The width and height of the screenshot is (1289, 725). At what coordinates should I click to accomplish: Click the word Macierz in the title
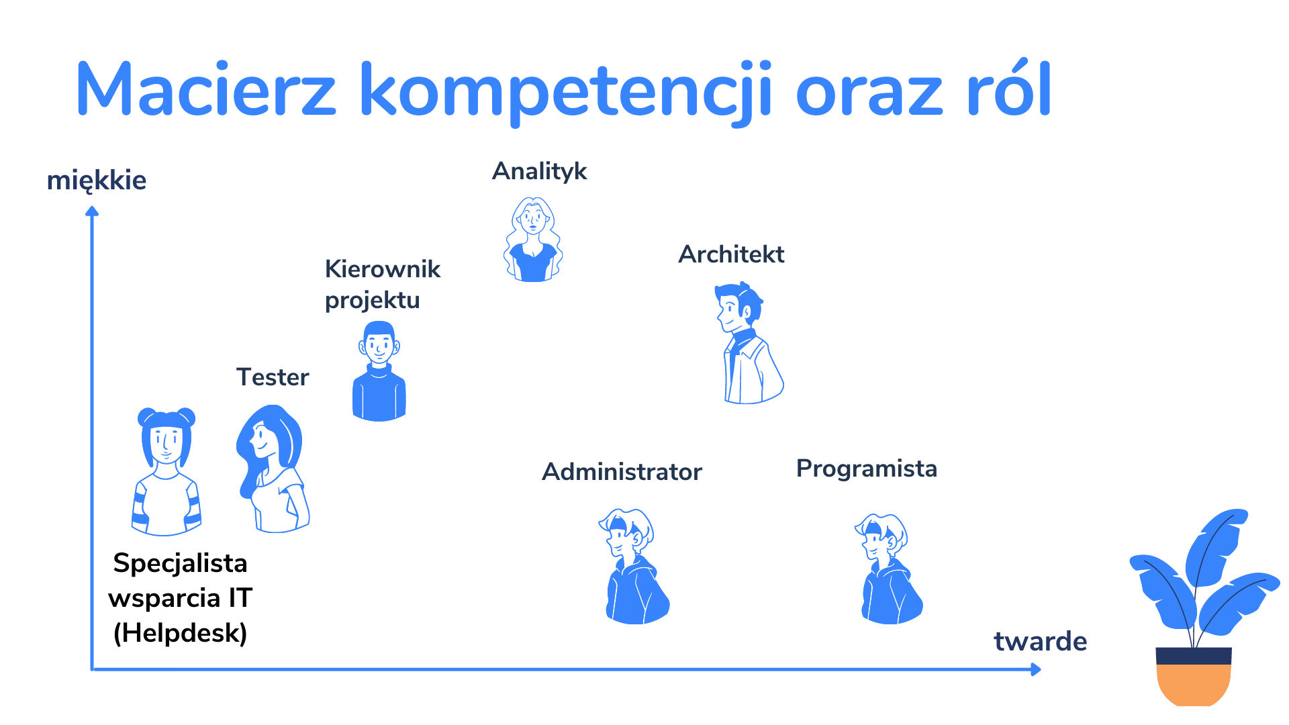[206, 89]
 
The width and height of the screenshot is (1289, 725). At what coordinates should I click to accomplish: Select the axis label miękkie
[97, 181]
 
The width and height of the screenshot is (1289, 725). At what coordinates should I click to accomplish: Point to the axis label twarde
[1040, 641]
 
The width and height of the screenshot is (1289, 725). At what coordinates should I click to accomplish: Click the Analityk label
[540, 171]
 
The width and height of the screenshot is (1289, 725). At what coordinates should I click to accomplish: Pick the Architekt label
[731, 254]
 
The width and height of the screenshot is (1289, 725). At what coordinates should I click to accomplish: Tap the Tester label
[273, 377]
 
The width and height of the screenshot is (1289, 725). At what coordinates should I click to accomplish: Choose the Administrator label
[622, 471]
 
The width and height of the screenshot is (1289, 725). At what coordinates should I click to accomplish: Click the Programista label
[866, 469]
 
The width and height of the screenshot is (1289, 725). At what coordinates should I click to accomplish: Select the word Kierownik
[383, 269]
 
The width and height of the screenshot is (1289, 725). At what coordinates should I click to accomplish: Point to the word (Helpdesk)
[180, 632]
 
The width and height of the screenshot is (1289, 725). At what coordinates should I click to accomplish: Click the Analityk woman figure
[533, 240]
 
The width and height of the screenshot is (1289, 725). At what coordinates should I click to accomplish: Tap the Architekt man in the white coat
[748, 343]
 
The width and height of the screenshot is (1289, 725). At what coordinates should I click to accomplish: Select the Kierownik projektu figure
[379, 371]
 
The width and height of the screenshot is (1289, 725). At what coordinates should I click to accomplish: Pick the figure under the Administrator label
[634, 567]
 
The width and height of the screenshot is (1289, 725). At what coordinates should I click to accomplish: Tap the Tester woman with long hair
[273, 469]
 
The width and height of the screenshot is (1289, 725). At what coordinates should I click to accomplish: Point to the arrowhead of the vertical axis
[92, 211]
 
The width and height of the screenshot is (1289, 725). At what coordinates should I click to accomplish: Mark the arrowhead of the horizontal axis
[1035, 669]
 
